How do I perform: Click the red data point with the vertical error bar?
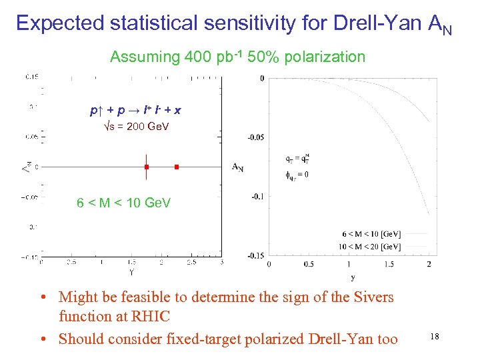146,167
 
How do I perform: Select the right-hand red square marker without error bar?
177,167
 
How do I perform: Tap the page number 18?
434,337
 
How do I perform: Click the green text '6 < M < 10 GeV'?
124,203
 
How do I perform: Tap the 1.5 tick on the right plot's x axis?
389,265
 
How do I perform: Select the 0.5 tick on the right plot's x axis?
309,265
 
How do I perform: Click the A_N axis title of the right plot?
237,167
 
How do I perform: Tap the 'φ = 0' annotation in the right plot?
298,175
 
